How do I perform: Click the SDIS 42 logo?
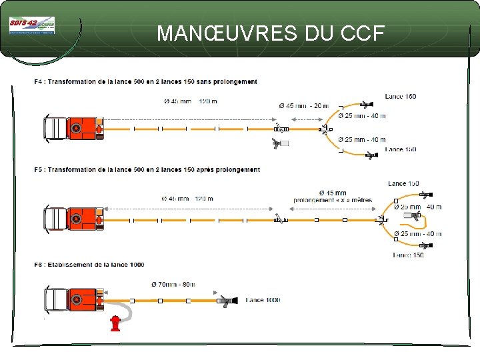[31, 26]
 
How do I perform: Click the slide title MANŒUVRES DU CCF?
[271, 33]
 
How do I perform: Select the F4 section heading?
[145, 82]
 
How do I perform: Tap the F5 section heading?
[147, 170]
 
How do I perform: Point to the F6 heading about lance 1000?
[89, 265]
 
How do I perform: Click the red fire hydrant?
[115, 323]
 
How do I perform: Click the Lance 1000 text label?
[263, 300]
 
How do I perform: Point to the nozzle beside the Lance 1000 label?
[227, 301]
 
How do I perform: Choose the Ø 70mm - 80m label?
[173, 285]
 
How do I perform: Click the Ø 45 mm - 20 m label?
[303, 105]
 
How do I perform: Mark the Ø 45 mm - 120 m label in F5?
[187, 199]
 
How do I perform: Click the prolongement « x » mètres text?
[333, 201]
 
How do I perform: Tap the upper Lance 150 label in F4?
[400, 97]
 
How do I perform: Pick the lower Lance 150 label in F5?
[408, 255]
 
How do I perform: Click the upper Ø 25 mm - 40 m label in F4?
[361, 116]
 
